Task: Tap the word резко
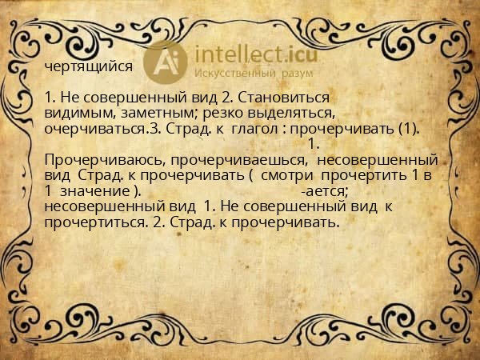[229, 113]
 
